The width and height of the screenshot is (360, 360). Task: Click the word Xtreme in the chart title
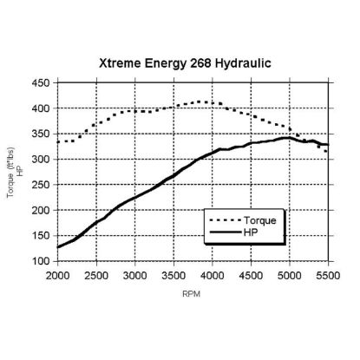[121, 63]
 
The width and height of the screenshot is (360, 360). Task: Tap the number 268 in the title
[200, 63]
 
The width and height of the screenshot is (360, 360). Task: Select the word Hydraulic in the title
[243, 63]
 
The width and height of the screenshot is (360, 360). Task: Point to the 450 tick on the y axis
[41, 83]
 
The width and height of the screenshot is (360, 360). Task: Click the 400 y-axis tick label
[41, 108]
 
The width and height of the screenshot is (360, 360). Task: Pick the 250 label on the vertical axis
[41, 185]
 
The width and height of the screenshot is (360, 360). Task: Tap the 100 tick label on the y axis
[41, 261]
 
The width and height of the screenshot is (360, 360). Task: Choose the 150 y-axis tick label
[41, 236]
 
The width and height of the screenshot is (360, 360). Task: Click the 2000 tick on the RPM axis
[58, 276]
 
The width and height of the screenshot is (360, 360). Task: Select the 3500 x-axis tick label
[173, 276]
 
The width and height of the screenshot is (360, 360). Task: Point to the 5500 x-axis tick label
[328, 276]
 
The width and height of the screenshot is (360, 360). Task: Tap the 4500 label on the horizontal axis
[251, 276]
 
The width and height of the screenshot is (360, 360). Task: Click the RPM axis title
[192, 294]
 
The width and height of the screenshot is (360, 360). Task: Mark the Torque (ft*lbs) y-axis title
[10, 173]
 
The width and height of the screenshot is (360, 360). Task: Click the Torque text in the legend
[260, 220]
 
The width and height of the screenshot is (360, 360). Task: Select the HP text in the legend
[251, 232]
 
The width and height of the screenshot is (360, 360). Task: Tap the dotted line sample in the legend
[225, 220]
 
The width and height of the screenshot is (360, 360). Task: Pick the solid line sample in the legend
[225, 232]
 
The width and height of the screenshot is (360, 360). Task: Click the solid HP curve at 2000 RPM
[58, 247]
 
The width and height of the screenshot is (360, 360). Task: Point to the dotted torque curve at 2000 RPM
[58, 142]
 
